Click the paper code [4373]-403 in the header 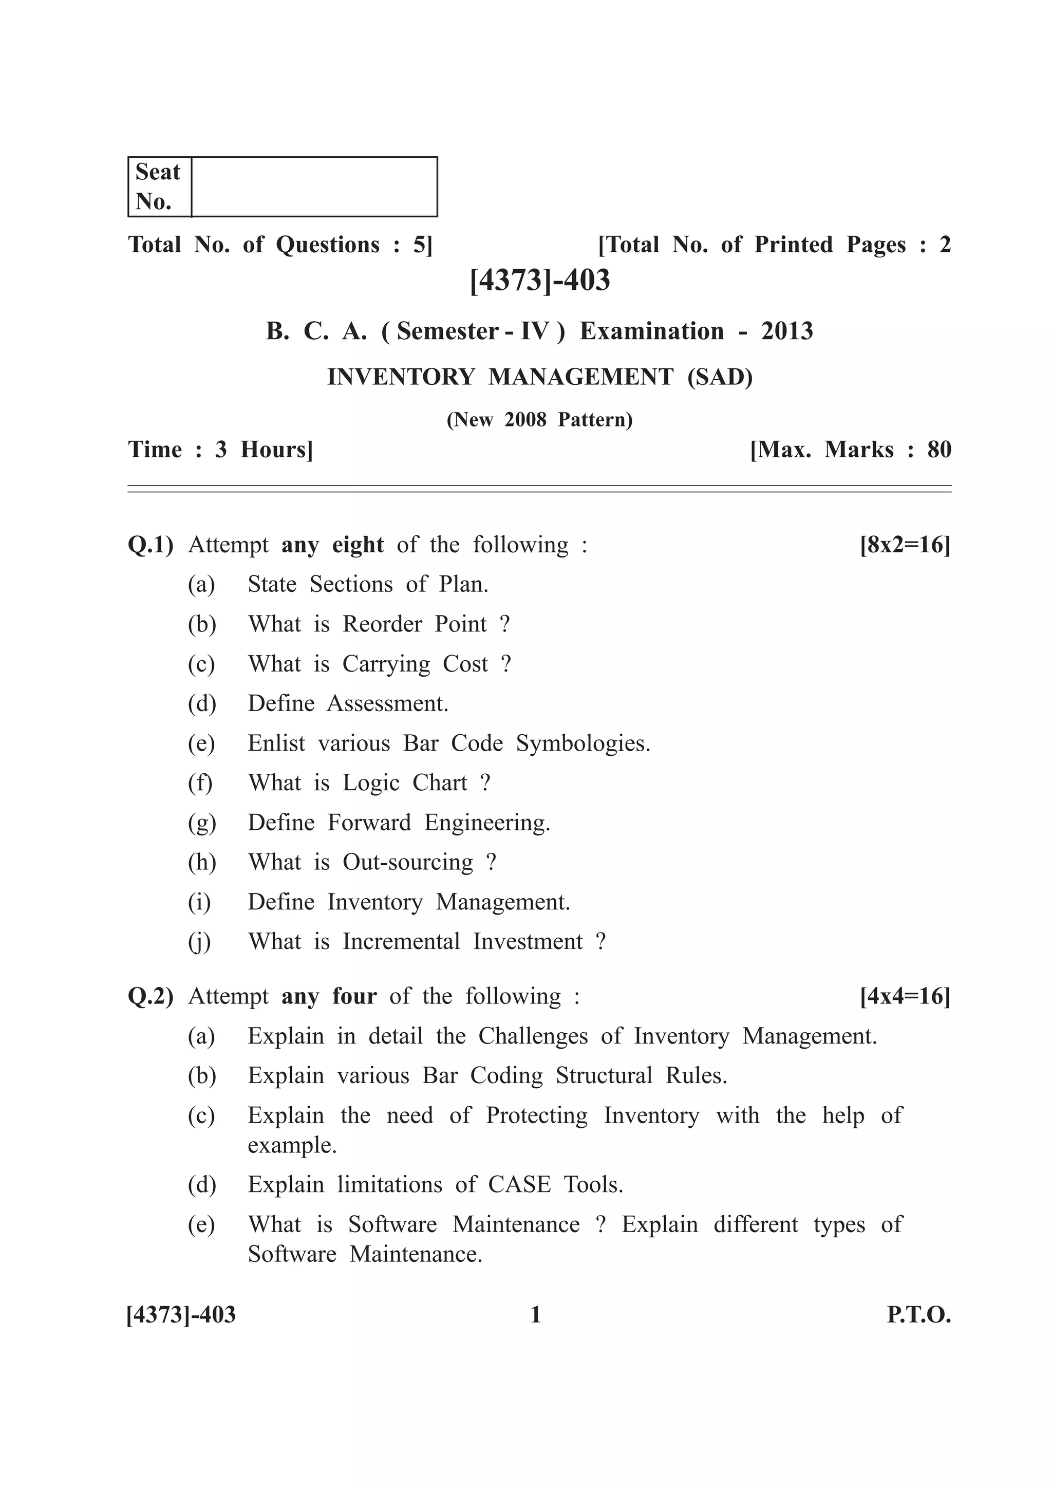[x=539, y=280]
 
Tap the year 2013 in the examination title [x=786, y=331]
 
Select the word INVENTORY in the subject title [x=401, y=377]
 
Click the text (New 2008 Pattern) [x=539, y=420]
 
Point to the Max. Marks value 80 [x=938, y=450]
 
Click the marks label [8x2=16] [x=905, y=544]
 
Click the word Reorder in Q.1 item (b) [x=382, y=624]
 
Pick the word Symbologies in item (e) [x=582, y=743]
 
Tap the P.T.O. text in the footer [x=918, y=1315]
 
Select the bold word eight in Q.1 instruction [x=358, y=545]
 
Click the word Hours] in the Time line [x=276, y=450]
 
